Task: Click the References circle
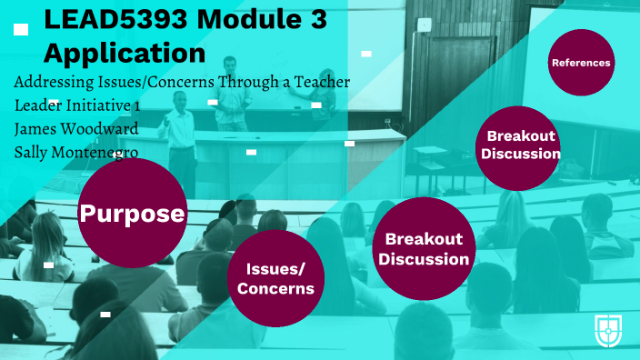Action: [580, 63]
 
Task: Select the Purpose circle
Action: [133, 214]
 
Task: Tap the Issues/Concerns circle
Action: [275, 278]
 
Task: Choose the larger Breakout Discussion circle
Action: [424, 248]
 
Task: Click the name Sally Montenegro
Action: [76, 151]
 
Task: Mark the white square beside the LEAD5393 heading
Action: [21, 29]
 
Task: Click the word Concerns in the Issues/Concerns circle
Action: [275, 289]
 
